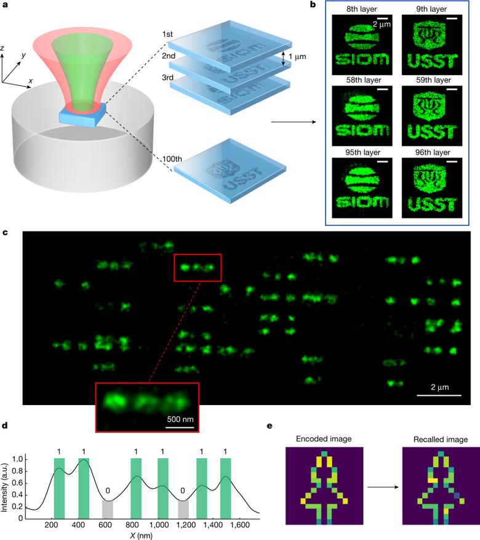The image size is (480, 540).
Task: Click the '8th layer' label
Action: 362,9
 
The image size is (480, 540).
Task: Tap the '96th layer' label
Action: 433,152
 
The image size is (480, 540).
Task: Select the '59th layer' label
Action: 433,80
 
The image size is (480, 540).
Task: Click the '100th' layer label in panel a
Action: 172,159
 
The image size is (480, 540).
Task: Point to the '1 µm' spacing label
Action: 297,57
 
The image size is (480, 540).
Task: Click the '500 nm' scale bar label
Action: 180,419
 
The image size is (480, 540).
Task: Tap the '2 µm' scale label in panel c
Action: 440,387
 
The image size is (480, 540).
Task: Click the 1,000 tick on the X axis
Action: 159,525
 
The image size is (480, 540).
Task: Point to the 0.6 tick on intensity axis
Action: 17,483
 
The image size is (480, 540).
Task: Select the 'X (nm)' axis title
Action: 141,536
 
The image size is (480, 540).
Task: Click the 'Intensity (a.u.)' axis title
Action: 4,487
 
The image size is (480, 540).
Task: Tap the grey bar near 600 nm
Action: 108,509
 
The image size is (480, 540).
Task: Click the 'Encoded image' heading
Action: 324,439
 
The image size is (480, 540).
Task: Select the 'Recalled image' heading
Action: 441,440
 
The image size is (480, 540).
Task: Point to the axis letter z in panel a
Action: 2,48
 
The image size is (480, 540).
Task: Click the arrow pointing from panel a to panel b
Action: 294,121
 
